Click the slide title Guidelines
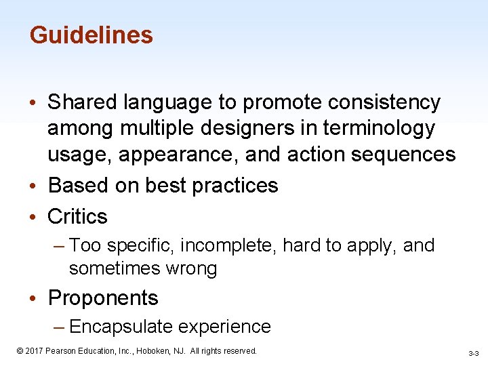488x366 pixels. click(x=91, y=35)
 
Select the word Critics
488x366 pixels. click(x=77, y=216)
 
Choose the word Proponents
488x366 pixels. click(x=103, y=298)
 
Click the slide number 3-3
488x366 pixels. click(x=473, y=354)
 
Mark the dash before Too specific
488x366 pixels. click(x=59, y=245)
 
